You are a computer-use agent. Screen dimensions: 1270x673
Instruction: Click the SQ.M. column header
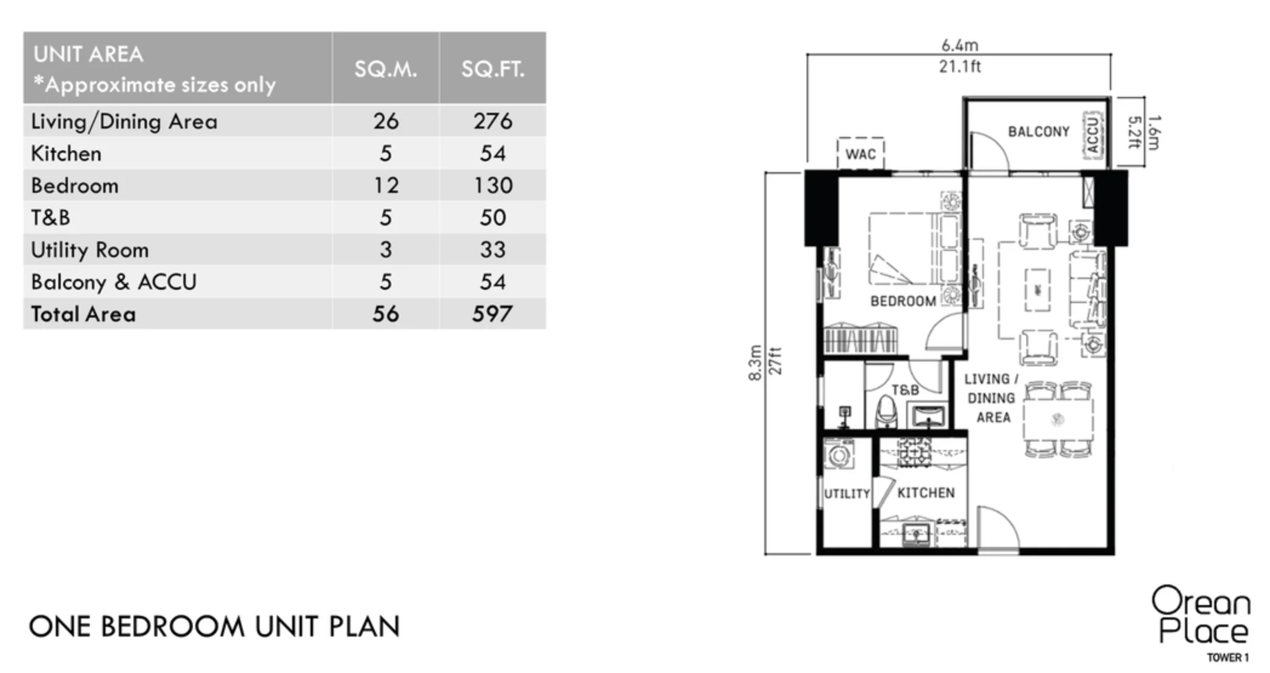pyautogui.click(x=386, y=69)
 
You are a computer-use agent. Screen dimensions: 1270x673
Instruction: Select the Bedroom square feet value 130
pyautogui.click(x=493, y=186)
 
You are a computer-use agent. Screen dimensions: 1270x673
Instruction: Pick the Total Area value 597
pyautogui.click(x=492, y=314)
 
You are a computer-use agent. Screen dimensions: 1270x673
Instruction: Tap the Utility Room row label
pyautogui.click(x=90, y=250)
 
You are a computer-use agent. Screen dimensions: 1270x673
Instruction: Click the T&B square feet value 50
pyautogui.click(x=492, y=218)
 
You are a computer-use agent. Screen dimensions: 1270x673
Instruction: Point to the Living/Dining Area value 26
pyautogui.click(x=386, y=121)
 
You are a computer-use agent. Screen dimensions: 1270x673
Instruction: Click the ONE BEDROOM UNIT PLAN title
pyautogui.click(x=215, y=627)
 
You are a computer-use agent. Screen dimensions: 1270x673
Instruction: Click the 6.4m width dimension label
pyautogui.click(x=959, y=45)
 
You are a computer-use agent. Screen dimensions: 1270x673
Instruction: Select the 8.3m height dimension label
pyautogui.click(x=754, y=363)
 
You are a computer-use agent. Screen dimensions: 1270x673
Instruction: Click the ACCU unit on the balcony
pyautogui.click(x=1092, y=135)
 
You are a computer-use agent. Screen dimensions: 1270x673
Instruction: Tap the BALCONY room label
pyautogui.click(x=1038, y=132)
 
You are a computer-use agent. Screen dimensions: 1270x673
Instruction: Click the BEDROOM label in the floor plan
pyautogui.click(x=903, y=301)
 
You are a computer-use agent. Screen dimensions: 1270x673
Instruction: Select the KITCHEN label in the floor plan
pyautogui.click(x=926, y=493)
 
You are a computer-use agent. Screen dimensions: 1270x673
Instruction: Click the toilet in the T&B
pyautogui.click(x=886, y=412)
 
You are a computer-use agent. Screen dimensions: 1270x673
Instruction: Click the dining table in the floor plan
pyautogui.click(x=1058, y=419)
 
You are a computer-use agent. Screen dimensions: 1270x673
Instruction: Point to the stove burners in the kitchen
pyautogui.click(x=915, y=452)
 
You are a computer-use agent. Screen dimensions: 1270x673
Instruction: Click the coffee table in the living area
pyautogui.click(x=1038, y=290)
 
